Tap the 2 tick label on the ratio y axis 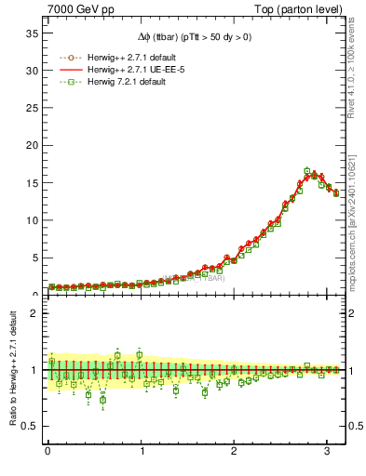33,313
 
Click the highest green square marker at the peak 307,171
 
